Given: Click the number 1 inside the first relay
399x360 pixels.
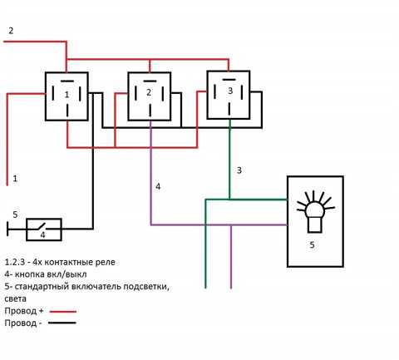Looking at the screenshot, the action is tap(66, 95).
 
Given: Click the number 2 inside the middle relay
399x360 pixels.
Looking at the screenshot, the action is tap(149, 92).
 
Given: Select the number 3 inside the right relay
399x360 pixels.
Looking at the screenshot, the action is tap(230, 91).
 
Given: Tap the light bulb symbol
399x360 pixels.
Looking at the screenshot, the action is tap(316, 211).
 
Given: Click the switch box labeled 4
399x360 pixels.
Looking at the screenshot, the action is tap(44, 229).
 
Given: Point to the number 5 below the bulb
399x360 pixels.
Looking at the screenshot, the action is tap(312, 245).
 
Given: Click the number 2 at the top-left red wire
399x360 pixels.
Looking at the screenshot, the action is tap(11, 31).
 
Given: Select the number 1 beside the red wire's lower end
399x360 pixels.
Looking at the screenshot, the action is tap(15, 179).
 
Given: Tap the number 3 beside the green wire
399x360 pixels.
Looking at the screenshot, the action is tap(239, 170).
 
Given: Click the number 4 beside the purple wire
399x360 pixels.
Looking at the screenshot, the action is tap(158, 186).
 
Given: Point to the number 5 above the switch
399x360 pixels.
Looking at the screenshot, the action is tap(15, 215).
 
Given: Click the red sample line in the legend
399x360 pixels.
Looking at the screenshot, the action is tap(62, 312).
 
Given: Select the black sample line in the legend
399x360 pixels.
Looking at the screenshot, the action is tap(62, 323).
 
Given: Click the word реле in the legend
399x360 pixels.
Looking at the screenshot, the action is tap(104, 263).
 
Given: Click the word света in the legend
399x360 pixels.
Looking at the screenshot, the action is tap(16, 299).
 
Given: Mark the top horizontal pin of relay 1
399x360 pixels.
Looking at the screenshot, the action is tap(67, 81).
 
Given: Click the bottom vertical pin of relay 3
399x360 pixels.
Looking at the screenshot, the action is tap(229, 109).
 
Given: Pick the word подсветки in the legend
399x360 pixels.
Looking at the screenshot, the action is tap(146, 287).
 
